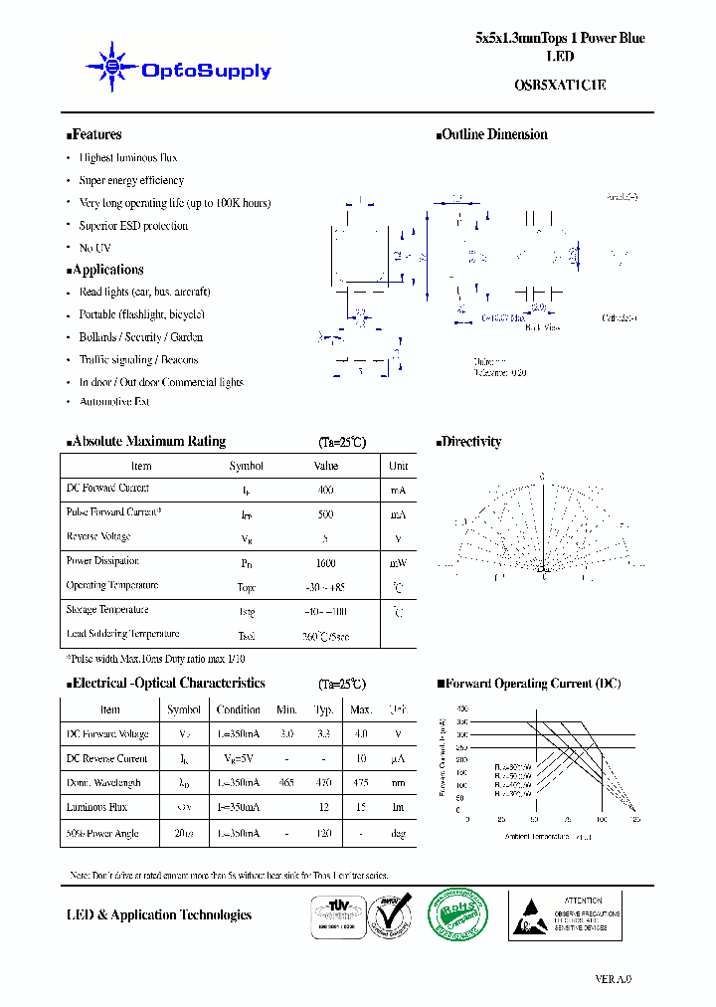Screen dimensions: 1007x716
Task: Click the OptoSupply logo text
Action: [x=206, y=71]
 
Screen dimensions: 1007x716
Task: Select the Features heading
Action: [x=94, y=134]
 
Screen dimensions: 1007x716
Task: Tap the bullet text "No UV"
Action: [x=95, y=248]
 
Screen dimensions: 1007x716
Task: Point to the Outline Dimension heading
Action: [x=493, y=134]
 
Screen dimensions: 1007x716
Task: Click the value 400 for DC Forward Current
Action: [x=325, y=490]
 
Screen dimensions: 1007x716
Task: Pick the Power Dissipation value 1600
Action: [x=325, y=562]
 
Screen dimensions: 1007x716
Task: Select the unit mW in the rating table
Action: [x=398, y=562]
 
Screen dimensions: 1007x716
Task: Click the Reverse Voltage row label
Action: [x=98, y=537]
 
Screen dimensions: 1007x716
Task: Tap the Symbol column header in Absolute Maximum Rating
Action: [x=247, y=466]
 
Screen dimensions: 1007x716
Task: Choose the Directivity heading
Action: [x=470, y=442]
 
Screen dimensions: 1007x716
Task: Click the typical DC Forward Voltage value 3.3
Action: [x=323, y=734]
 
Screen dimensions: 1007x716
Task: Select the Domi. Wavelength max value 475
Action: [x=361, y=783]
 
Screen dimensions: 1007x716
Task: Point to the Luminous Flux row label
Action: [x=97, y=807]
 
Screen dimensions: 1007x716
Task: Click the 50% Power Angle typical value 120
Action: [x=323, y=833]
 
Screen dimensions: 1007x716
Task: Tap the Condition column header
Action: [x=239, y=709]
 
